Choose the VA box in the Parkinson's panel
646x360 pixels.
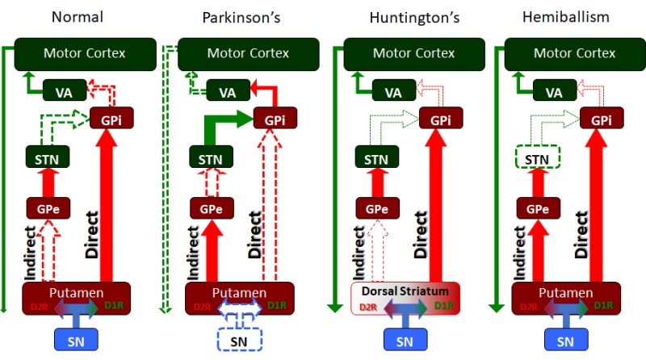(x=225, y=92)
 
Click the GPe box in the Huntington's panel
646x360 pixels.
(x=371, y=207)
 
